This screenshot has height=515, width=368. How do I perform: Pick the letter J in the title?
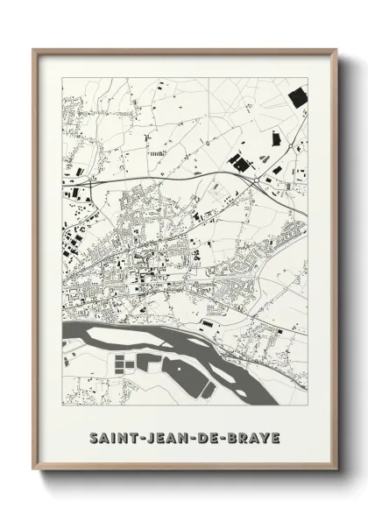[x=149, y=436]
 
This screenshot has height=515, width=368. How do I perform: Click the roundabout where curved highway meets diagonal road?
[x=256, y=182]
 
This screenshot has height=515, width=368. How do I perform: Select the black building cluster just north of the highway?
[x=238, y=160]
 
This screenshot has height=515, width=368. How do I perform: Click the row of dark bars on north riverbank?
[x=208, y=326]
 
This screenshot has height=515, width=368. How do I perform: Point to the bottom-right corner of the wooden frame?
[x=337, y=472]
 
